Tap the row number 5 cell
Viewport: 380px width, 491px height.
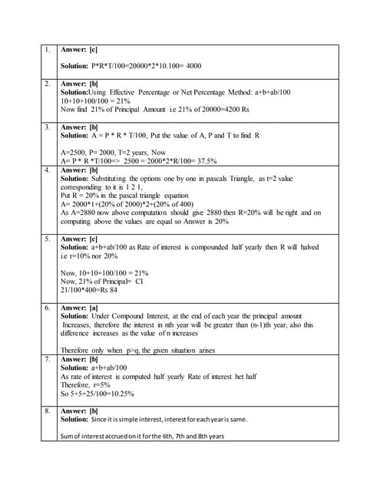coord(47,239)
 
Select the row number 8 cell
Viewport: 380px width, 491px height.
coord(47,410)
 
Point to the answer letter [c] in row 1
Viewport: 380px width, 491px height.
coord(93,50)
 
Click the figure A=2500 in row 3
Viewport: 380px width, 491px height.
coord(75,153)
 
